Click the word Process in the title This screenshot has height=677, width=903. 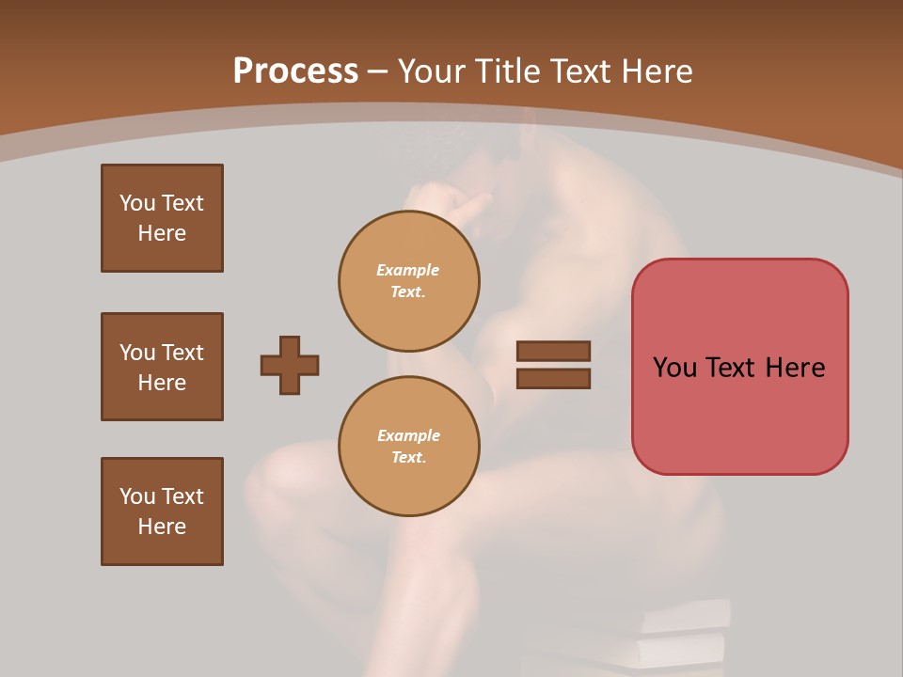(295, 71)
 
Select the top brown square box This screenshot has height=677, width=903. (162, 218)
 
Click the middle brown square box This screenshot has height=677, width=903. (162, 367)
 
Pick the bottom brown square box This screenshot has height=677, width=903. (162, 512)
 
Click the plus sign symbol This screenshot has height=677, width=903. (290, 365)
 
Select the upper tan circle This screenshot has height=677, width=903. (408, 280)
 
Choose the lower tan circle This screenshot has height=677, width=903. (408, 446)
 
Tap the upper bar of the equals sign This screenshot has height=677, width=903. (553, 351)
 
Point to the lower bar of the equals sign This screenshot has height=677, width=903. (553, 378)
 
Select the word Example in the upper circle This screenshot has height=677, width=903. (408, 270)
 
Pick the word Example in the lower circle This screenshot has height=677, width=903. (408, 435)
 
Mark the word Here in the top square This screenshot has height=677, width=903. (162, 233)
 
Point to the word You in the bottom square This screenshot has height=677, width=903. (137, 496)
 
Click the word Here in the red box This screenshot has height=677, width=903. (795, 368)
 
